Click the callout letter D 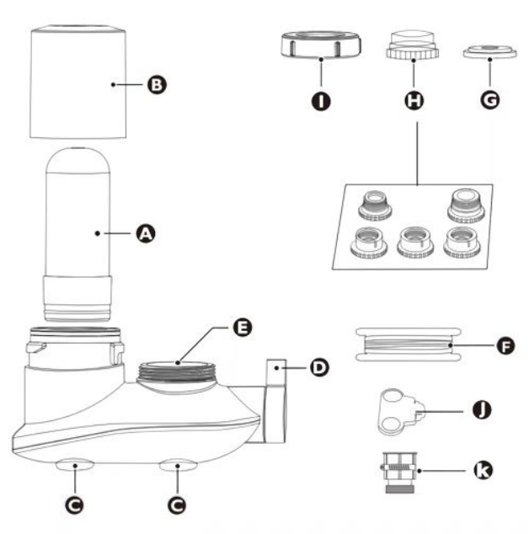click(318, 367)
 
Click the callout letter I click(320, 101)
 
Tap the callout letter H click(414, 101)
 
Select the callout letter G click(489, 101)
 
